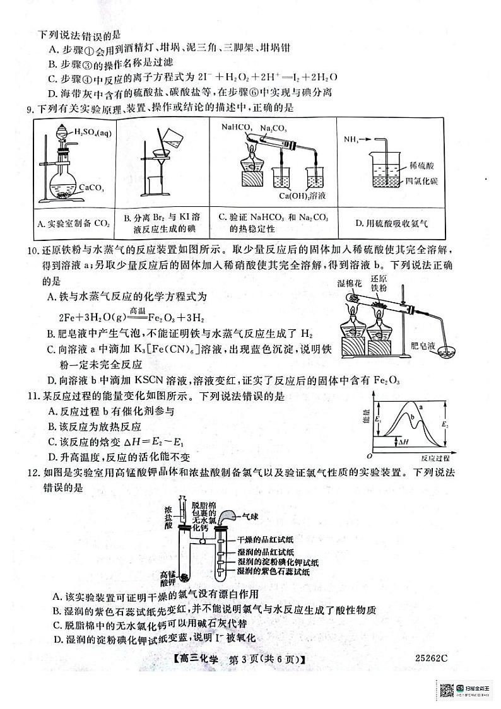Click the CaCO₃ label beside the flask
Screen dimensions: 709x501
[93, 187]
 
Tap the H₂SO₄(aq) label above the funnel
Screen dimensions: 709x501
[93, 132]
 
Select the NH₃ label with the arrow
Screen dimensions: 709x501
[353, 138]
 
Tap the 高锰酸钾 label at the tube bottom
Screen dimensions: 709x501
[167, 578]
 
